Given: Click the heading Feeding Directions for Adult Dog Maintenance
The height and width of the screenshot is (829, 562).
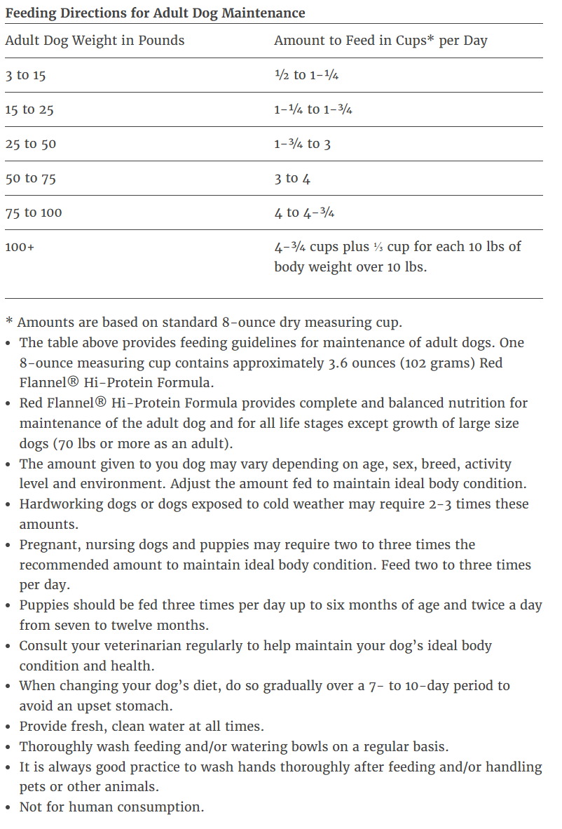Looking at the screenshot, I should (155, 13).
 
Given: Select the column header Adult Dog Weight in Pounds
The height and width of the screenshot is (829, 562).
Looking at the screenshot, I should (95, 40).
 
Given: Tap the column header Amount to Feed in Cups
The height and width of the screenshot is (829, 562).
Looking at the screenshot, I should (381, 40).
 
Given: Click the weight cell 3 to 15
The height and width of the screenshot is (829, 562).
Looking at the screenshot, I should (25, 75).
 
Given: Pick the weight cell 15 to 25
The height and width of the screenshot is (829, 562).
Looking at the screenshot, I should (29, 109).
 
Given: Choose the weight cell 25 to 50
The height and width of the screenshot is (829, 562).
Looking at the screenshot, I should (30, 144).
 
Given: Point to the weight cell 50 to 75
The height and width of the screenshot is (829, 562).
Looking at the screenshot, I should (30, 178).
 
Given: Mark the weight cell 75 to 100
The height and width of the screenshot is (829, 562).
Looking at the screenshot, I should (33, 213).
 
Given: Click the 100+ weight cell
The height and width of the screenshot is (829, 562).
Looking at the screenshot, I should (20, 247).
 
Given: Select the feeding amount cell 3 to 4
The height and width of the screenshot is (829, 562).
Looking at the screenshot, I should (292, 178).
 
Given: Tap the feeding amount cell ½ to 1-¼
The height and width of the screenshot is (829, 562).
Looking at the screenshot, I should (306, 75).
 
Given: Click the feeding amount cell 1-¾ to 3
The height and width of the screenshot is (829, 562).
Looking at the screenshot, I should (302, 144).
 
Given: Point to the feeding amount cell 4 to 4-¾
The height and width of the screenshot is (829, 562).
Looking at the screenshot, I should (304, 213).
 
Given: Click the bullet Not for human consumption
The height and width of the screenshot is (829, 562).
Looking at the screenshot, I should (111, 807).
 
